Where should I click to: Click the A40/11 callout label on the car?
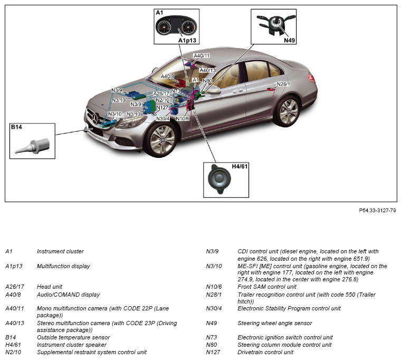tap(202, 55)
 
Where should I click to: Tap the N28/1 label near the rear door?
tap(283, 84)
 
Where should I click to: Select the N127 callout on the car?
tap(162, 108)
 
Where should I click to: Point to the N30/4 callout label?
tap(163, 119)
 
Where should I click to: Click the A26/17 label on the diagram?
tap(161, 93)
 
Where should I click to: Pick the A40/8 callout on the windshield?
tap(168, 77)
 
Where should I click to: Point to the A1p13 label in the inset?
tap(187, 40)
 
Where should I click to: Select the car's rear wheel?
tap(288, 111)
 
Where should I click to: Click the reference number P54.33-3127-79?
tap(377, 210)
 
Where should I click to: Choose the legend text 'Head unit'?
tap(50, 287)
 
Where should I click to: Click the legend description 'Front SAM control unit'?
tap(267, 287)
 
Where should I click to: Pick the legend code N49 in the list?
tap(211, 323)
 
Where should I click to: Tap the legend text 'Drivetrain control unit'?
tap(265, 352)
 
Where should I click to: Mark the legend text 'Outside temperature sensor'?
tap(73, 337)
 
